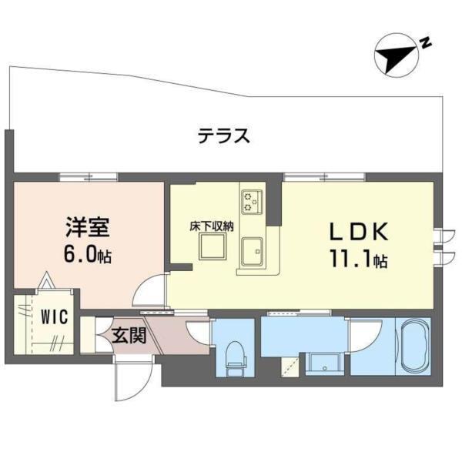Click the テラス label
click(x=224, y=136)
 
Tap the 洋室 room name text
click(x=88, y=227)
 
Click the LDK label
click(x=358, y=231)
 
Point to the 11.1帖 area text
click(x=358, y=259)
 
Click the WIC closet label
click(x=54, y=316)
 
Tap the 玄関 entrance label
click(x=129, y=336)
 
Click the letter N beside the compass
click(x=425, y=43)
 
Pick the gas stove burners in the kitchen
click(x=252, y=202)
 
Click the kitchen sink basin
click(x=252, y=251)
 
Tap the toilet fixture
click(x=236, y=358)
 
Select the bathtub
click(x=413, y=346)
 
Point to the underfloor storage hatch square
click(x=213, y=246)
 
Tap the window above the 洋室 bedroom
click(x=89, y=177)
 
